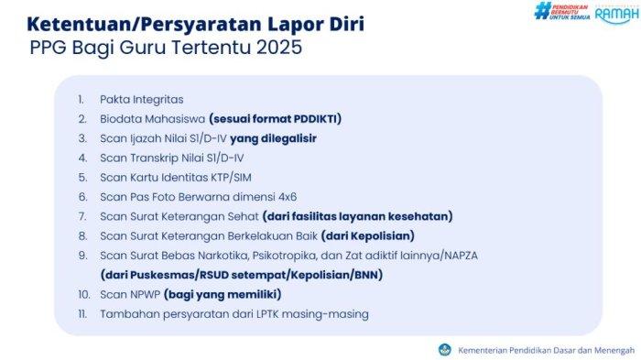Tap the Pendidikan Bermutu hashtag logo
pos(561,13)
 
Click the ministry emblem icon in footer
pos(444,349)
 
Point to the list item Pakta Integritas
pos(142,98)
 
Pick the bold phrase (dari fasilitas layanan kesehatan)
pos(357,216)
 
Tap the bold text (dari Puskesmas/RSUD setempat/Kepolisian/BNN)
pos(241,274)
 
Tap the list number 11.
pos(81,313)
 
